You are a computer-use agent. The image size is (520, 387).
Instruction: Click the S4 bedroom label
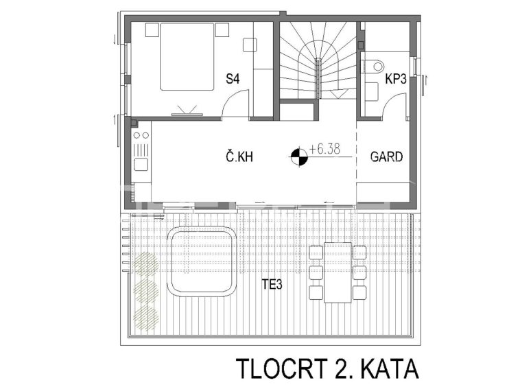pos(233,79)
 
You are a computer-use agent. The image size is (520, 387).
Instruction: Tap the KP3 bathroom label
pos(396,80)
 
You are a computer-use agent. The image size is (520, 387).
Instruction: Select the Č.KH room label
pos(239,156)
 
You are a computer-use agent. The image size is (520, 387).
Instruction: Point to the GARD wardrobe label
pos(386,156)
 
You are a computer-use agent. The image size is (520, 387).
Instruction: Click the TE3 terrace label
pos(272,284)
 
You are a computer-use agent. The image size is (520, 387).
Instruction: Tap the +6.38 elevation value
pos(324,149)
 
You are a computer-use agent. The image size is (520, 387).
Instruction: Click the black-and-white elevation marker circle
pos(299,156)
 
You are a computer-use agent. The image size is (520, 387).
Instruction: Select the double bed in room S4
pos(187,56)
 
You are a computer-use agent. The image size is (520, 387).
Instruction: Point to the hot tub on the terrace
pos(202,261)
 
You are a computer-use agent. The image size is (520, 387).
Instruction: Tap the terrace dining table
pos(338,272)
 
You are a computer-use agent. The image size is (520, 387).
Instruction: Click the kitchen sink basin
pos(141,165)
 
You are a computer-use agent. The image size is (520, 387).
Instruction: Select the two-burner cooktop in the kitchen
pos(141,135)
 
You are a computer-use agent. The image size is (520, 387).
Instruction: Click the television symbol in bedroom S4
pos(187,111)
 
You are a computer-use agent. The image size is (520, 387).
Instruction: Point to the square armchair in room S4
pos(250,45)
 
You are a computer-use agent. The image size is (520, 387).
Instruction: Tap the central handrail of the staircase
pos(318,78)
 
